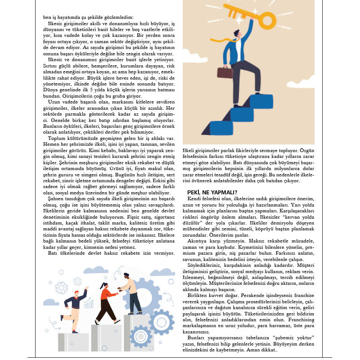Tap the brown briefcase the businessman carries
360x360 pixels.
coord(225,73)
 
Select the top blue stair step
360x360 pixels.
coord(261,101)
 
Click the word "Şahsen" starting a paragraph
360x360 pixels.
coord(56,199)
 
